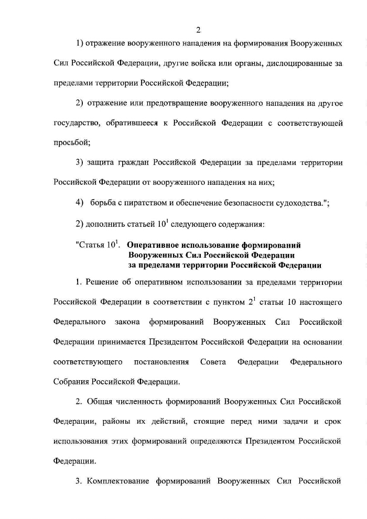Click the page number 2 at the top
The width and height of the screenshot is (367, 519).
click(183, 30)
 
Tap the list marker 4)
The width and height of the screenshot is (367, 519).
click(80, 203)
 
